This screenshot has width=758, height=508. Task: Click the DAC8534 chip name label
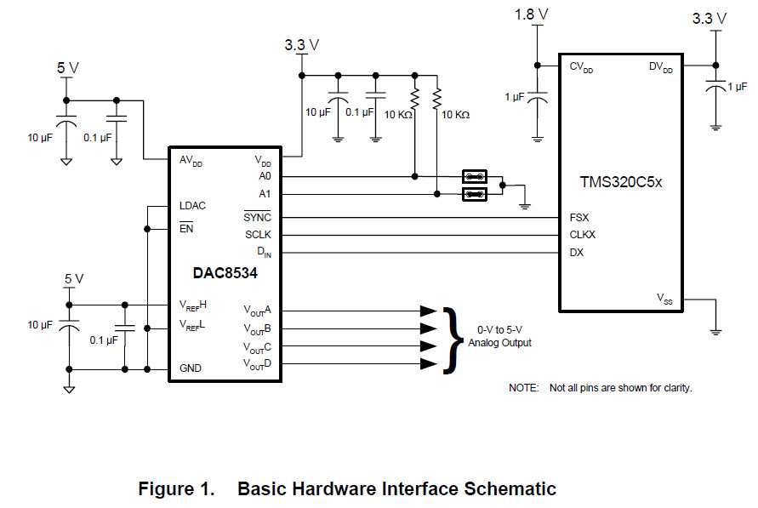(225, 273)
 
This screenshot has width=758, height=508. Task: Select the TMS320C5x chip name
(621, 181)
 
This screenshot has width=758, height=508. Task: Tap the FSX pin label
(578, 217)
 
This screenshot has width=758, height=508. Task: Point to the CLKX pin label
(583, 234)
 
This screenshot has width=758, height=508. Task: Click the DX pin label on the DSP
(577, 252)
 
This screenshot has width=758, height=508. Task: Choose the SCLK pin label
(258, 234)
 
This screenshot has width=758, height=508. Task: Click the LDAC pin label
(192, 206)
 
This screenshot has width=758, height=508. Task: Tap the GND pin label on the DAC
(191, 369)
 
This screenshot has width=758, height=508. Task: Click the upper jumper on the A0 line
(475, 177)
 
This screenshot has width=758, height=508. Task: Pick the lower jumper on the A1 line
(475, 195)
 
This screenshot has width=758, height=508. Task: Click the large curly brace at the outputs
(449, 338)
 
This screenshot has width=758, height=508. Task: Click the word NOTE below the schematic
(523, 388)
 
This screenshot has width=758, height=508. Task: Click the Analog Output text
(500, 343)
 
